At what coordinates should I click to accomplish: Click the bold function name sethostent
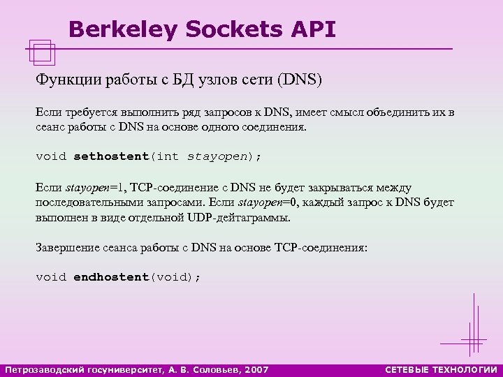[x=112, y=156]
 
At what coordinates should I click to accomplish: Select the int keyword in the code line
[x=168, y=156]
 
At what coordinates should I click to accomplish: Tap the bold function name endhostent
[x=112, y=277]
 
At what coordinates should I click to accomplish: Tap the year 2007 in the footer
[x=256, y=369]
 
